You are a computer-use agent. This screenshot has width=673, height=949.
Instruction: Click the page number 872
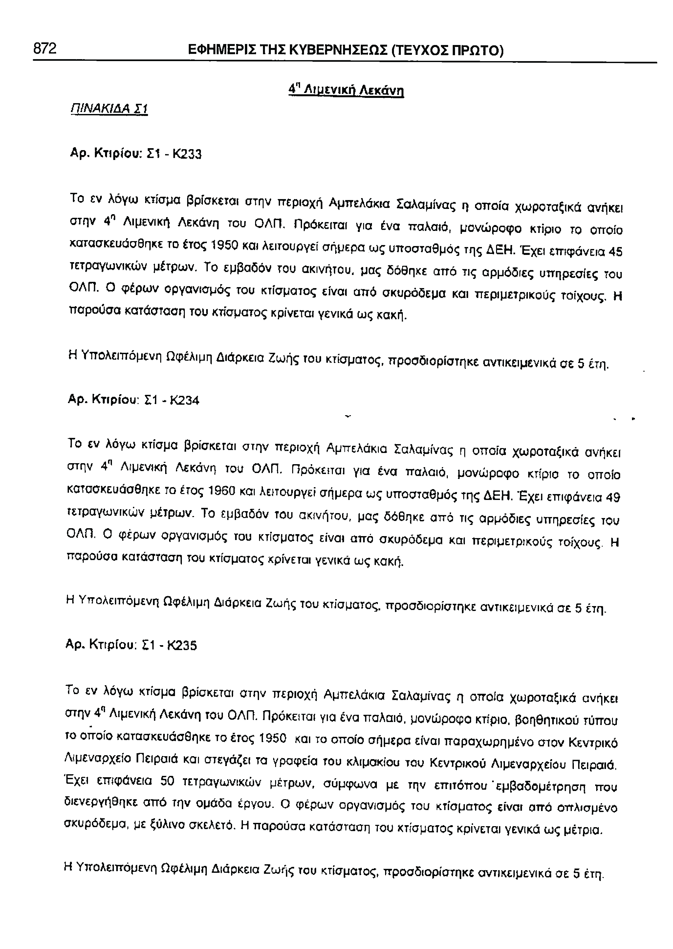[45, 49]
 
